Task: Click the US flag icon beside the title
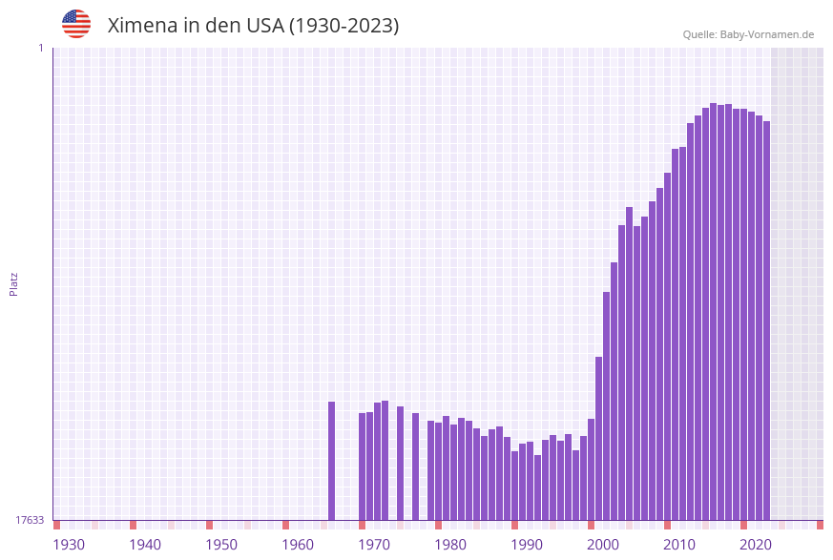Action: (x=76, y=24)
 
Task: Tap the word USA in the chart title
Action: (x=262, y=26)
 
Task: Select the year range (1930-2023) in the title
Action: (x=344, y=26)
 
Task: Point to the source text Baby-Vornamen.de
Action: (x=767, y=34)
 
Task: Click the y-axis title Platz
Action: (x=14, y=283)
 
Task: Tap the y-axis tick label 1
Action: (x=40, y=48)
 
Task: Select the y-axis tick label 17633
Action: (x=30, y=520)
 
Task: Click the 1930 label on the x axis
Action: (x=69, y=545)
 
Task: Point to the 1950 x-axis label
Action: (x=221, y=545)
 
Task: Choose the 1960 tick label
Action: (x=298, y=545)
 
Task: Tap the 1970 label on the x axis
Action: (x=374, y=545)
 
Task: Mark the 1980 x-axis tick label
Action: (x=450, y=545)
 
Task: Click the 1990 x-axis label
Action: (x=527, y=545)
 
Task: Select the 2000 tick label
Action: (x=603, y=545)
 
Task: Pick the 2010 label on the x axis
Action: (x=679, y=545)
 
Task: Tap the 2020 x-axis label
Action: (x=756, y=545)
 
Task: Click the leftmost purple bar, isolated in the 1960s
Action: (x=331, y=461)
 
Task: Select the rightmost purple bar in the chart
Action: (x=766, y=321)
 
